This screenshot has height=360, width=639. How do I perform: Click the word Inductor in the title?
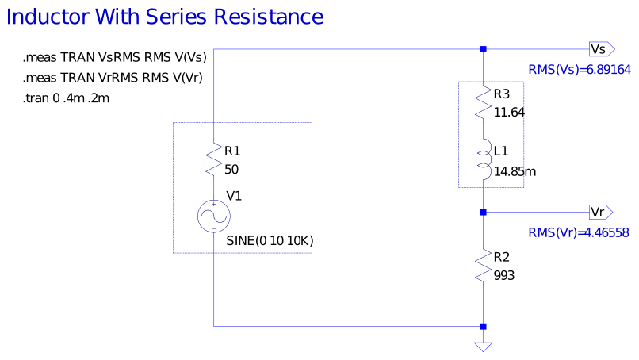point(47,17)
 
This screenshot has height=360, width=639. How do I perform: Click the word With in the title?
point(117,17)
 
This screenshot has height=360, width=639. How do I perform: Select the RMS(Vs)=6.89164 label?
point(579,70)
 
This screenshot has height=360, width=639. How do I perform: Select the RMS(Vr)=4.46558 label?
point(579,233)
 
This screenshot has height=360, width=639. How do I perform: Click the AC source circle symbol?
point(214,216)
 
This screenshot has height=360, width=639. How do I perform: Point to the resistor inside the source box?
point(214,160)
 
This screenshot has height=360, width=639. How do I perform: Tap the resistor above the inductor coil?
point(484,103)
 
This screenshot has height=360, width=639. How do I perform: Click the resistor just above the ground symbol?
point(484,264)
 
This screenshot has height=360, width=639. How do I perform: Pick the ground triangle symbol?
point(483,347)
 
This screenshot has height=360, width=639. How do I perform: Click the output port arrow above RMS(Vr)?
point(601,212)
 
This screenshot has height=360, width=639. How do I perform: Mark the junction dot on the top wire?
point(483,49)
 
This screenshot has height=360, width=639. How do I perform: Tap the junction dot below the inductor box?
point(483,212)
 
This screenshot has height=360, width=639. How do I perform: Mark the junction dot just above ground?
point(483,326)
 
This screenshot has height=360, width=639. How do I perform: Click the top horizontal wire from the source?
point(349,49)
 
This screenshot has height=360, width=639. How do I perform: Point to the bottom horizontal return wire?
point(349,326)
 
